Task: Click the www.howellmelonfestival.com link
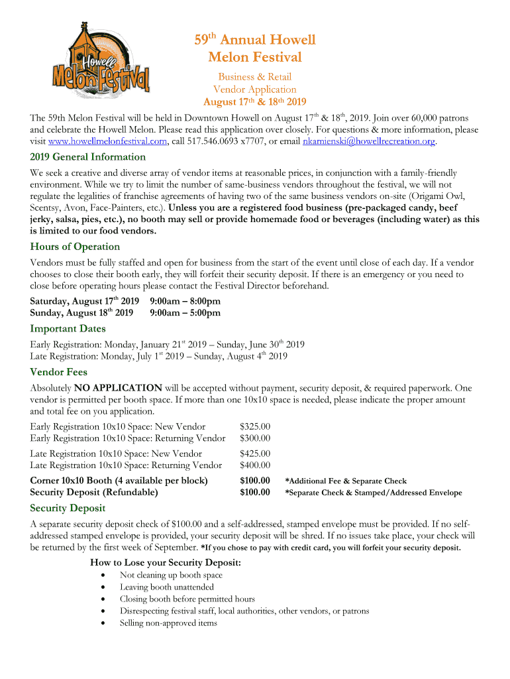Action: [108, 141]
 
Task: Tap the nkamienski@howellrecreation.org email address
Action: [368, 141]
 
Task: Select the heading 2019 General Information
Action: [88, 157]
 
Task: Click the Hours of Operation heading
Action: [75, 247]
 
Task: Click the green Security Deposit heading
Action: [68, 508]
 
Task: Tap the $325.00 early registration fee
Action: [255, 426]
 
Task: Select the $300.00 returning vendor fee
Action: [255, 438]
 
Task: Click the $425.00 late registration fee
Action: [255, 454]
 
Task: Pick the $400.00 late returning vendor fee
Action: [255, 465]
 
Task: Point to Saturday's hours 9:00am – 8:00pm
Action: [185, 301]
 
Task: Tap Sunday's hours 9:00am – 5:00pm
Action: [185, 313]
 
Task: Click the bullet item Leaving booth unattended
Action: [167, 587]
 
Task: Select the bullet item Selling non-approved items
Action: [168, 623]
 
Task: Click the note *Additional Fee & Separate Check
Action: [346, 481]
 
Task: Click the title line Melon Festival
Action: [255, 58]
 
